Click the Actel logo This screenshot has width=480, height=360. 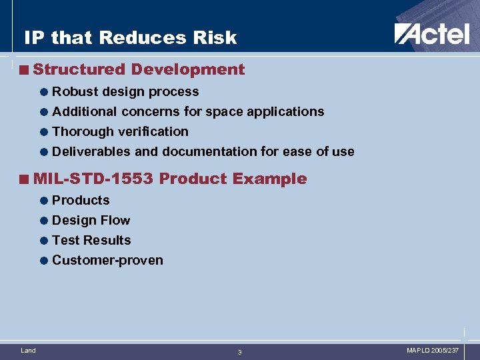(x=431, y=33)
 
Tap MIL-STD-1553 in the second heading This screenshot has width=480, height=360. (x=93, y=179)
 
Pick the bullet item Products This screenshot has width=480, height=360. (x=81, y=201)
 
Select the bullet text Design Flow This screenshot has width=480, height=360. (x=91, y=221)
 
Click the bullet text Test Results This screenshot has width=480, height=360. (x=91, y=241)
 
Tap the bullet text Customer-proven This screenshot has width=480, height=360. (x=107, y=261)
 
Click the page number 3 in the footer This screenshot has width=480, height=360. (x=240, y=352)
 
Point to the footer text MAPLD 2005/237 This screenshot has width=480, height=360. (x=433, y=350)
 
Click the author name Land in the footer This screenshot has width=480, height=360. (x=28, y=350)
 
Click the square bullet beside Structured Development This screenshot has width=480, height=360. (x=25, y=70)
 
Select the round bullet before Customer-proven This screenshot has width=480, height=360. (x=44, y=261)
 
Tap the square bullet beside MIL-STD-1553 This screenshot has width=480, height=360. (x=25, y=179)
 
